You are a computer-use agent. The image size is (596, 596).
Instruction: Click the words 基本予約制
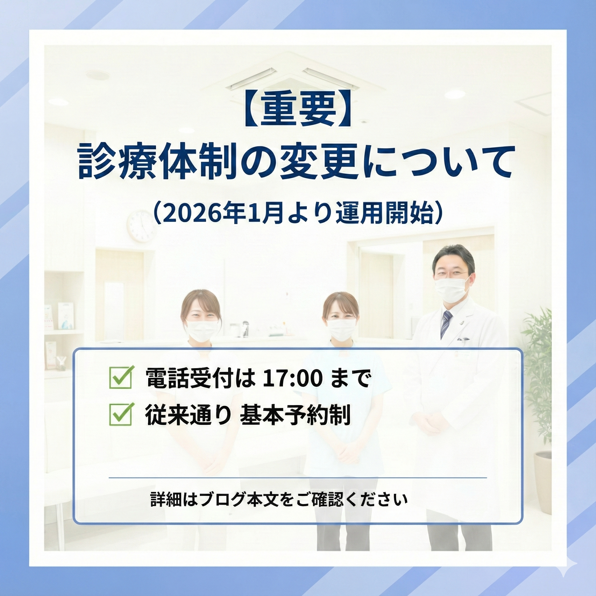pos(295,415)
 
